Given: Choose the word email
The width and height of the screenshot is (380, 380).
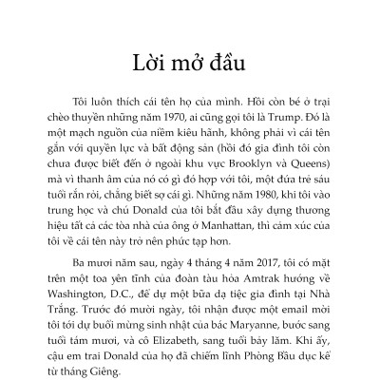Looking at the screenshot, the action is click(275, 316).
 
